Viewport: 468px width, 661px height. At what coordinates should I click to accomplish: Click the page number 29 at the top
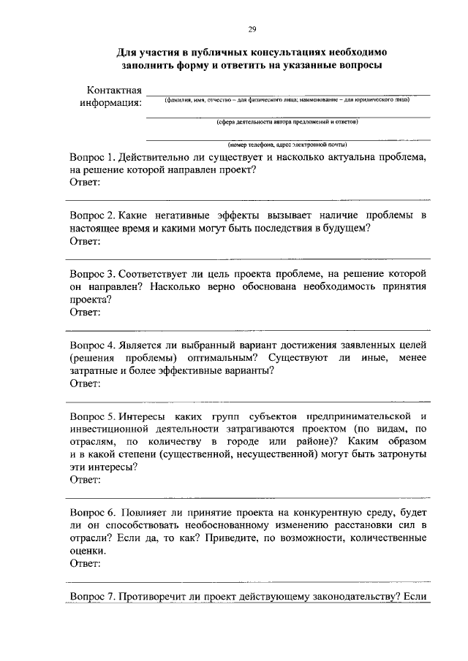click(252, 29)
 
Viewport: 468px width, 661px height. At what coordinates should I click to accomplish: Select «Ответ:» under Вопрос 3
click(85, 312)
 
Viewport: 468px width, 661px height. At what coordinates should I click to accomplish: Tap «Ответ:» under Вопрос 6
click(85, 564)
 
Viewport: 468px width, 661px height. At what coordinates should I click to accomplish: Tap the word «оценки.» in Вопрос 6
click(88, 551)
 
